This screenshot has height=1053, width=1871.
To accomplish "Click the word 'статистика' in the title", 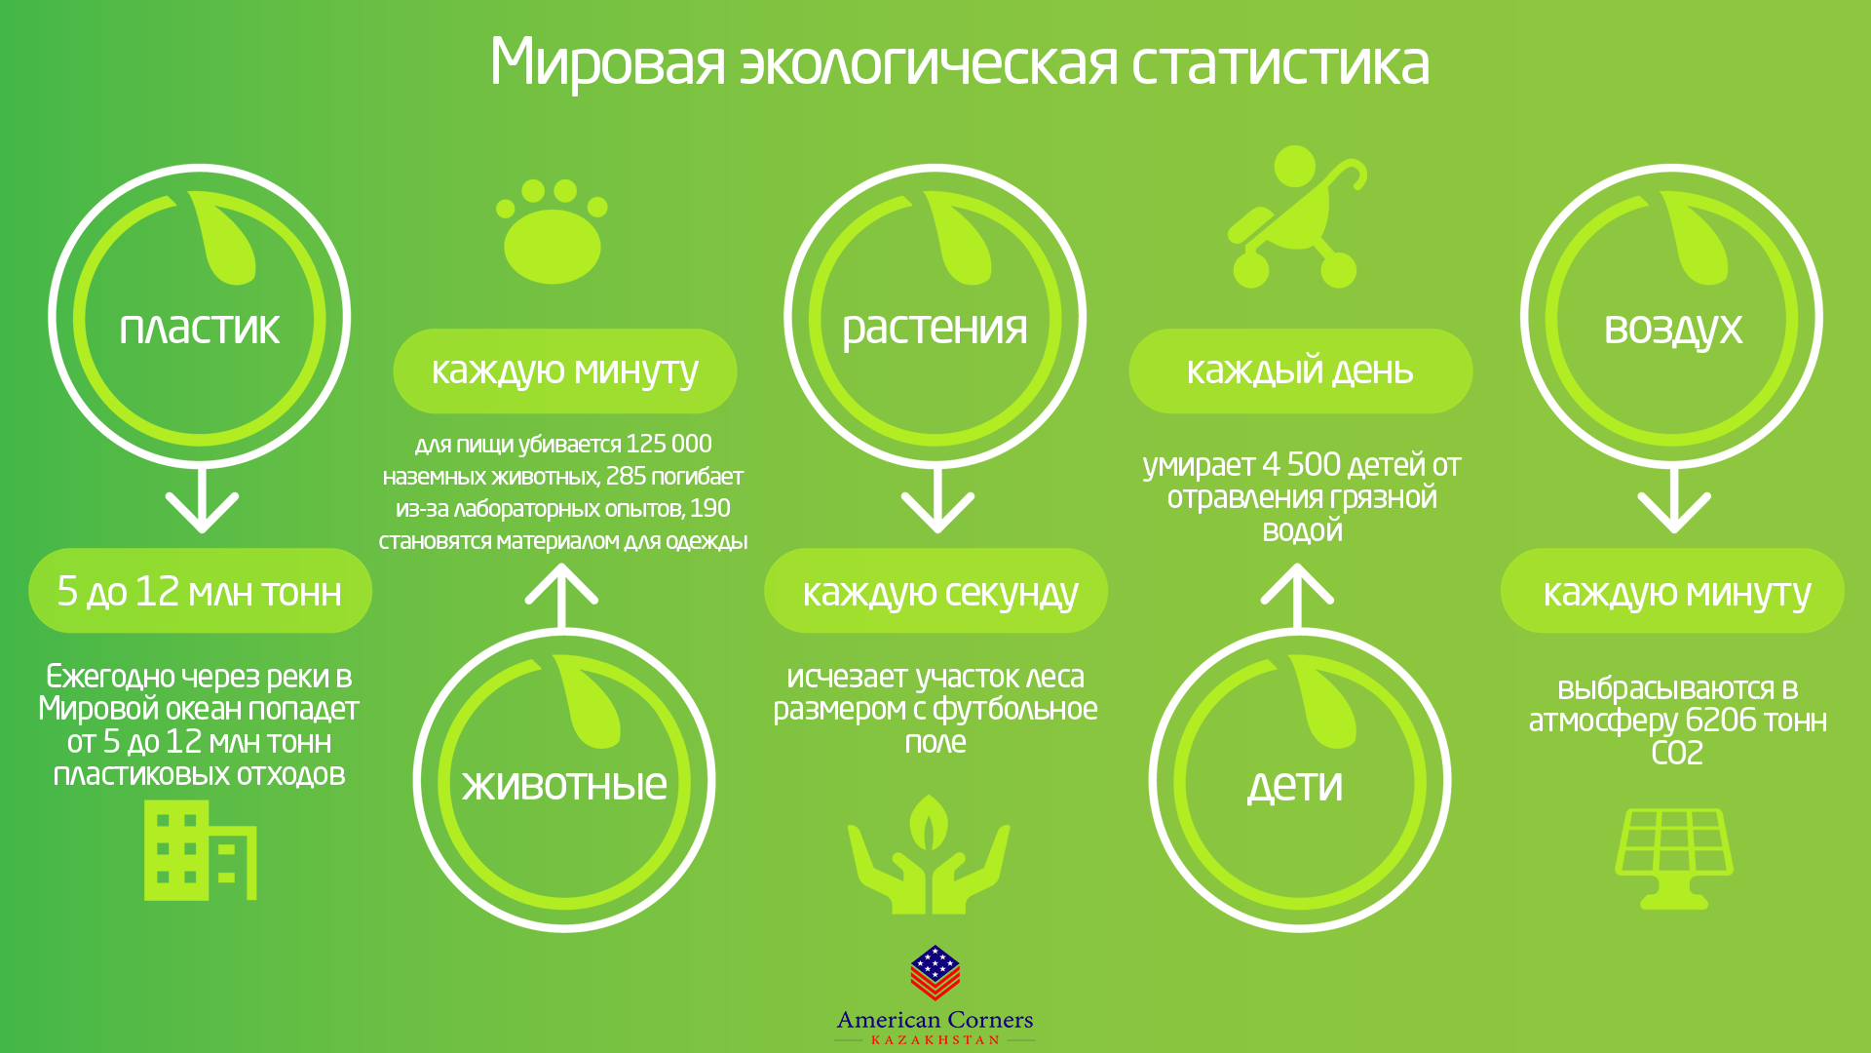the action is [x=1279, y=62].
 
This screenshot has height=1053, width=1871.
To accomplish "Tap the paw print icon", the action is [x=552, y=232].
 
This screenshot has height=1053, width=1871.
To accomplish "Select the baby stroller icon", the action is [x=1297, y=216].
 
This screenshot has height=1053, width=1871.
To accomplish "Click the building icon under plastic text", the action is [x=200, y=850].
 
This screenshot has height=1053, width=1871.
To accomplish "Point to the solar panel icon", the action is [x=1674, y=859].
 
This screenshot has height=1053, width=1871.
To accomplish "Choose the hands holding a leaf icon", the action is [x=929, y=855].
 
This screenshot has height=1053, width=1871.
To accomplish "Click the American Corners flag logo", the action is [x=935, y=973].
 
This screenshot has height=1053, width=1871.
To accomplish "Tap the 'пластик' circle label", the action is [x=200, y=329].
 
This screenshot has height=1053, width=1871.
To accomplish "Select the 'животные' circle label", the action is [x=564, y=785].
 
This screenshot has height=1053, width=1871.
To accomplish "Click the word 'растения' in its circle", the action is [x=935, y=329].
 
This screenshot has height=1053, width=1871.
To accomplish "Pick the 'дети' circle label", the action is [x=1295, y=786].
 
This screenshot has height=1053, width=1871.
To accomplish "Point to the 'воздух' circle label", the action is [x=1673, y=329].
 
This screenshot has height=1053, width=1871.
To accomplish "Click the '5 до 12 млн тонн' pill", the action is [x=200, y=591].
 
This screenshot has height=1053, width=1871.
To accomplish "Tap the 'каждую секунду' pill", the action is [x=935, y=591].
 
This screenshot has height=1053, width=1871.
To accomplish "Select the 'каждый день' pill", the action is [x=1300, y=370].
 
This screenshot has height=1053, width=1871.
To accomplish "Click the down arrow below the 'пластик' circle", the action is [x=202, y=499].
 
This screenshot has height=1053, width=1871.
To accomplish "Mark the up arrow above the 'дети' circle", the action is [x=1297, y=597].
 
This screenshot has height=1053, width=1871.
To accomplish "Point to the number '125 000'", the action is [x=668, y=444].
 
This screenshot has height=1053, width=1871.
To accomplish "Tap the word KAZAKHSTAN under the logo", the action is [x=935, y=1040].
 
